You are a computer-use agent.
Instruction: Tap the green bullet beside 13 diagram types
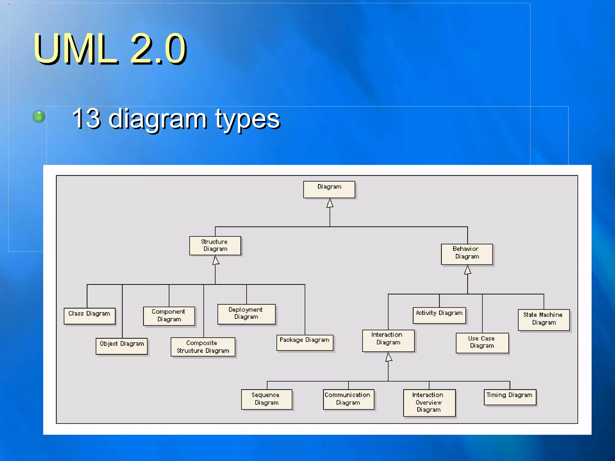click(x=39, y=116)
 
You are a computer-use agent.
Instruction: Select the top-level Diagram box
click(x=329, y=189)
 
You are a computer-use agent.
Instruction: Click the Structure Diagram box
click(x=215, y=246)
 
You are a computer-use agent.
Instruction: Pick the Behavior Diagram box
click(x=467, y=254)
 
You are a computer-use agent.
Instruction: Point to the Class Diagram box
click(x=89, y=316)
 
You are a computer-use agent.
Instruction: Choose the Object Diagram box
click(x=122, y=346)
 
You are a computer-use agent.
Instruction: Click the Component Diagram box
click(x=169, y=316)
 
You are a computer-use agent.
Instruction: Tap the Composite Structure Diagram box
click(x=203, y=347)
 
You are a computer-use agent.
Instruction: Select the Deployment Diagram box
click(x=246, y=314)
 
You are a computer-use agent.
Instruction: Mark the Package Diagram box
click(x=305, y=342)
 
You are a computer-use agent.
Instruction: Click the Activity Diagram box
click(x=439, y=315)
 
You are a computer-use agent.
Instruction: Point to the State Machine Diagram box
click(x=544, y=320)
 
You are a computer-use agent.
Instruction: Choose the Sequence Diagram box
click(x=267, y=399)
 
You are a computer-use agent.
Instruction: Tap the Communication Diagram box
click(x=348, y=399)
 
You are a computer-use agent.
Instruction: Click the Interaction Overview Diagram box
click(x=429, y=403)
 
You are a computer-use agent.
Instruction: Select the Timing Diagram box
click(x=510, y=397)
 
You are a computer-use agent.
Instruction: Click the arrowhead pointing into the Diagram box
click(x=330, y=203)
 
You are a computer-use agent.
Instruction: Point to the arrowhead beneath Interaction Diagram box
click(x=389, y=357)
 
